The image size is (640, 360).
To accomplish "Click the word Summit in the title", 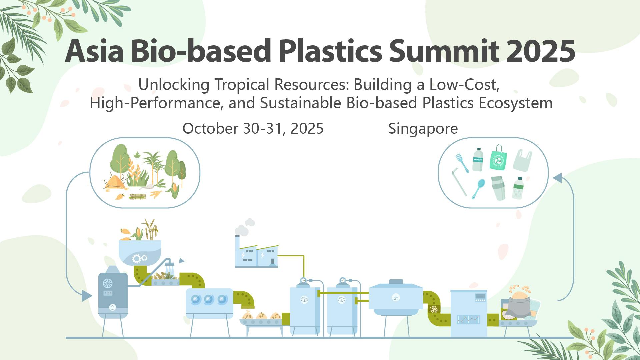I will point(444,51).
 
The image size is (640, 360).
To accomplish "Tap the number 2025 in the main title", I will point(542,51).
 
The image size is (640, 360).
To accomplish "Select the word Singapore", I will point(423,129).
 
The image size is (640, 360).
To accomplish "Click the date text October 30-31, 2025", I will point(253,129).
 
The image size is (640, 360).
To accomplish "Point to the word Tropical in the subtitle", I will point(242,85).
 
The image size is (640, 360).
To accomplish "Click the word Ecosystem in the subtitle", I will point(515,103).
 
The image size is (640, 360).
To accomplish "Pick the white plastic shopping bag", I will point(522,161).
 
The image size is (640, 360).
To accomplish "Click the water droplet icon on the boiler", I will point(113,307).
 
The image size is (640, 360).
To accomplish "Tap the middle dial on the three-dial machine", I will point(209,299).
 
